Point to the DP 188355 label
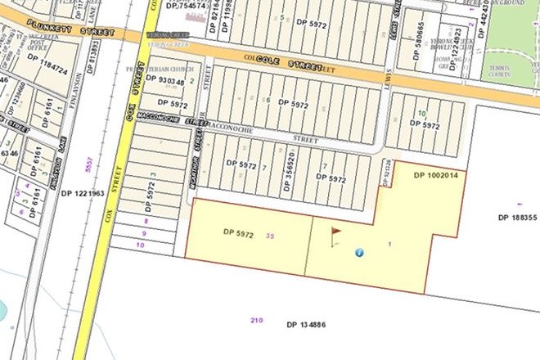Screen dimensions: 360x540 (x=517, y=217)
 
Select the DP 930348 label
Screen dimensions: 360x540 (x=169, y=81)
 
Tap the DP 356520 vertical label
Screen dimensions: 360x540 (x=289, y=171)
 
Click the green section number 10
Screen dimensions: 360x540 (x=421, y=114)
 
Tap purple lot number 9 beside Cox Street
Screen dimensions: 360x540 (x=146, y=232)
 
